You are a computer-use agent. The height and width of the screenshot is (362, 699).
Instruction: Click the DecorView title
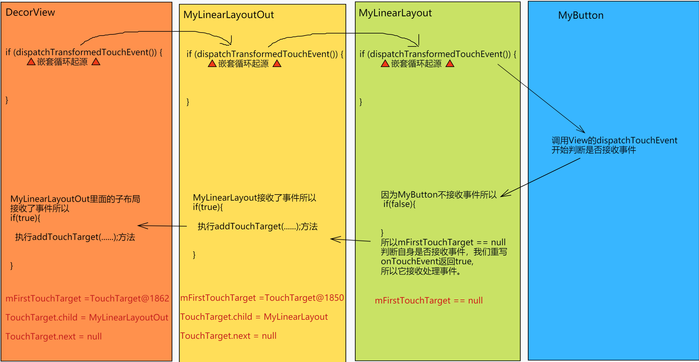click(30, 12)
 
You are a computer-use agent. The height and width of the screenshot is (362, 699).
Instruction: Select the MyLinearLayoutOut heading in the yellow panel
click(228, 15)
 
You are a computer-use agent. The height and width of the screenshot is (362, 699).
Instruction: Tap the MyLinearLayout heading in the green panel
click(395, 13)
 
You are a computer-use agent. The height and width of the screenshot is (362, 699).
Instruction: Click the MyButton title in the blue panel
click(581, 15)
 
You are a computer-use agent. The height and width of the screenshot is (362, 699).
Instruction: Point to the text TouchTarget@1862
click(130, 298)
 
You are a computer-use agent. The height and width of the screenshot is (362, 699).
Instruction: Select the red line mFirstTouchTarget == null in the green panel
click(428, 300)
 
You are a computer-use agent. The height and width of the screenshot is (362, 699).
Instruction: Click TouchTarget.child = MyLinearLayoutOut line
click(87, 317)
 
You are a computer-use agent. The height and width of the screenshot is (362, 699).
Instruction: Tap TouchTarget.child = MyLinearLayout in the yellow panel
click(254, 317)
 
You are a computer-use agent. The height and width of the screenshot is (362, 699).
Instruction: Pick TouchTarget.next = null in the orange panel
click(53, 336)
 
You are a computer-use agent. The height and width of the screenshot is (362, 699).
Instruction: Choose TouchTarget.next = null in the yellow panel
click(228, 336)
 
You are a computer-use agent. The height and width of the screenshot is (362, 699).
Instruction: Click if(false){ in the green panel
click(399, 204)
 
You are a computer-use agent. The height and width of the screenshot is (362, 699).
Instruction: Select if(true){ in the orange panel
click(25, 218)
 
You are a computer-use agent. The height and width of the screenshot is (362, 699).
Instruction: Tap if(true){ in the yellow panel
click(208, 207)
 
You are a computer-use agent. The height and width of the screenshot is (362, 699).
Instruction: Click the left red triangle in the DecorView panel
click(31, 62)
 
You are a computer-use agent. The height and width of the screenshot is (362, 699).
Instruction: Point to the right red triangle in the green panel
click(450, 64)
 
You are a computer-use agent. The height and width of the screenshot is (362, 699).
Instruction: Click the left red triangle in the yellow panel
click(212, 64)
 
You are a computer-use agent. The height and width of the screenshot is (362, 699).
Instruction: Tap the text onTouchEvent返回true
click(427, 261)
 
